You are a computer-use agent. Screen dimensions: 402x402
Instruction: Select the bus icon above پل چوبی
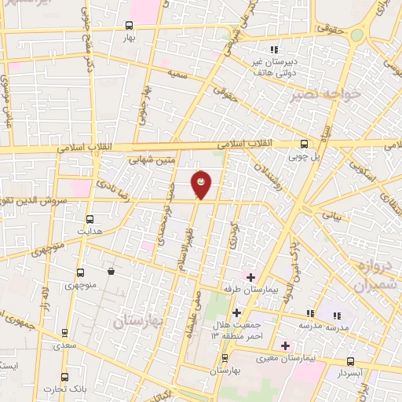305,144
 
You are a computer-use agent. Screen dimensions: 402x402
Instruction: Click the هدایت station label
90,232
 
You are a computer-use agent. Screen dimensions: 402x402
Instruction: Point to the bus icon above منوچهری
80,273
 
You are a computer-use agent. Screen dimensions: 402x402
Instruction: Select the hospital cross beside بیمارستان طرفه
250,277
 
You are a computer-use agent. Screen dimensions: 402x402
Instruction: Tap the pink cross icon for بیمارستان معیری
285,345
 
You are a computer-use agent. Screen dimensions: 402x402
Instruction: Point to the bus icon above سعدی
64,333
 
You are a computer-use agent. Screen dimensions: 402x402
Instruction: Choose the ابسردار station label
351,373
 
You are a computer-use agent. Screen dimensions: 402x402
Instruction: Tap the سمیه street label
176,72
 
